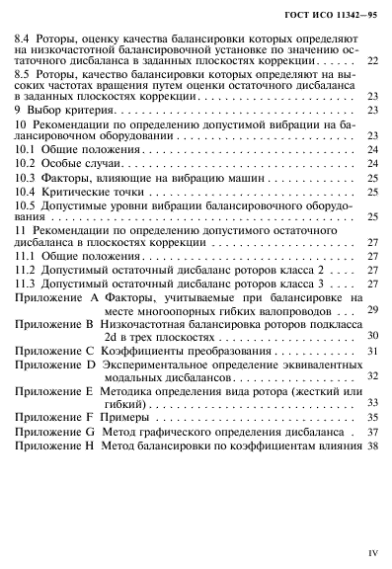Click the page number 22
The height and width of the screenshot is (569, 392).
[x=371, y=89]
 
